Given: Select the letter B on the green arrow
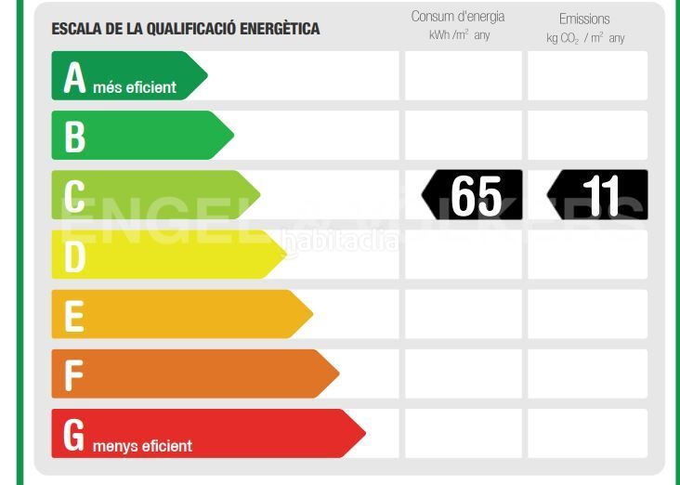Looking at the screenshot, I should [x=74, y=137].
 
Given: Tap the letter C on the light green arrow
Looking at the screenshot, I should [x=74, y=196].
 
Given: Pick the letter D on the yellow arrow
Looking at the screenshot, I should [x=74, y=256].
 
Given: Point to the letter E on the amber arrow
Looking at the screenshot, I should [x=74, y=316].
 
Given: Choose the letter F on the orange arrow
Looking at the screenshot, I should [x=74, y=375].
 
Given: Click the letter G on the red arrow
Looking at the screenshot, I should [x=74, y=435].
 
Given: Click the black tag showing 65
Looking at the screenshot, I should [x=473, y=195].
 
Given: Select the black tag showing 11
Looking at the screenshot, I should [x=598, y=195].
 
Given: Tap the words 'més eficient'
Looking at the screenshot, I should [x=135, y=88].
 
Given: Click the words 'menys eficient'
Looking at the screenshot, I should [x=142, y=446].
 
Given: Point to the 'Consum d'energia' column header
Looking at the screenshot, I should [x=458, y=17].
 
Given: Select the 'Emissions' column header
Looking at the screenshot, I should [x=584, y=19].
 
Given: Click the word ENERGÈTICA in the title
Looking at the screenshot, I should [x=278, y=29].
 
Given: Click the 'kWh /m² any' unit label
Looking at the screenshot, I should [x=459, y=35].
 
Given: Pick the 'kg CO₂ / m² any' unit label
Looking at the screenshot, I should [x=585, y=38].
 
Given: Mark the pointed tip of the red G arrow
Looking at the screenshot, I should [x=363, y=433].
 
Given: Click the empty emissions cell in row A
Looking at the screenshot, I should [x=587, y=76].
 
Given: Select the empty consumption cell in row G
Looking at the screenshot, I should [x=463, y=433].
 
